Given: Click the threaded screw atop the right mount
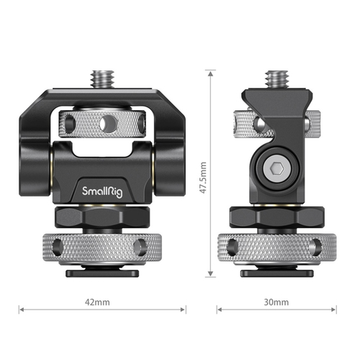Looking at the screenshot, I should pyautogui.click(x=277, y=77).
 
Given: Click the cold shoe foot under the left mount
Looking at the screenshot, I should pyautogui.click(x=102, y=272).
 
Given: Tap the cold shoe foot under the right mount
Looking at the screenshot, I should pyautogui.click(x=277, y=272).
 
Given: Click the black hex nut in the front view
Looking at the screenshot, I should pyautogui.click(x=102, y=216).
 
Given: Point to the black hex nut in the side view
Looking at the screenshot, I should pyautogui.click(x=277, y=216).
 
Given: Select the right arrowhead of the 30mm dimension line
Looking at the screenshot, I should pyautogui.click(x=335, y=310).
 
